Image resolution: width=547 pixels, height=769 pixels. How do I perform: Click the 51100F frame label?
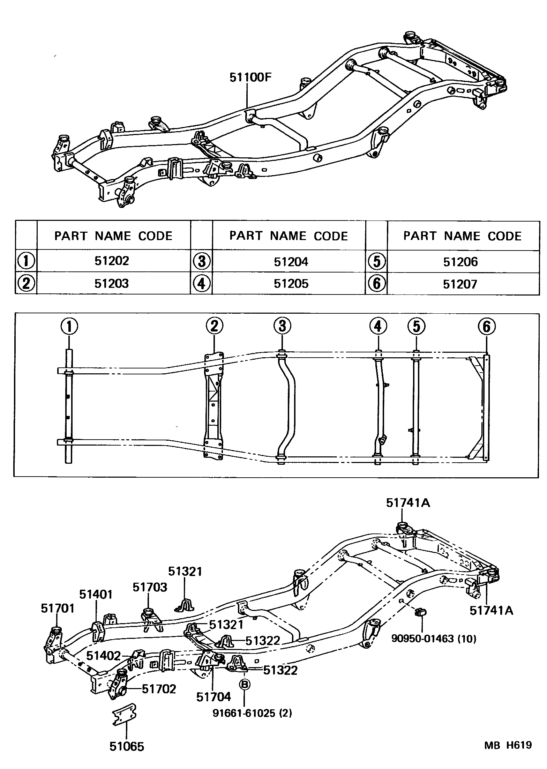tap(250, 77)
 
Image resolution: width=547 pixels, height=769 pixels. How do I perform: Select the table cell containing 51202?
tap(112, 261)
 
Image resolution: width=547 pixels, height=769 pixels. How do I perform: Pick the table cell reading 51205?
tap(291, 283)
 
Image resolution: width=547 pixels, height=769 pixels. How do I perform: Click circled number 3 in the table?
tap(202, 261)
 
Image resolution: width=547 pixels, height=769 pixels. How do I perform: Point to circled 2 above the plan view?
tap(214, 326)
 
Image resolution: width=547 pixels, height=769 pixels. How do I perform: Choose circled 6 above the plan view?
tap(487, 327)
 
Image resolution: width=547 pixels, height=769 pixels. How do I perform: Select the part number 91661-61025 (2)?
tap(252, 713)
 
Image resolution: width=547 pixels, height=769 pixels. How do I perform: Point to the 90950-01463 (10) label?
tap(434, 639)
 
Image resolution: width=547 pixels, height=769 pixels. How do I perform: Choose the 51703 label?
tap(150, 587)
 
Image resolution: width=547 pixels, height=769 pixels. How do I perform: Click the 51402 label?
tap(103, 656)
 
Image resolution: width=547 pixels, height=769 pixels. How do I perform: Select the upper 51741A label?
tap(408, 503)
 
